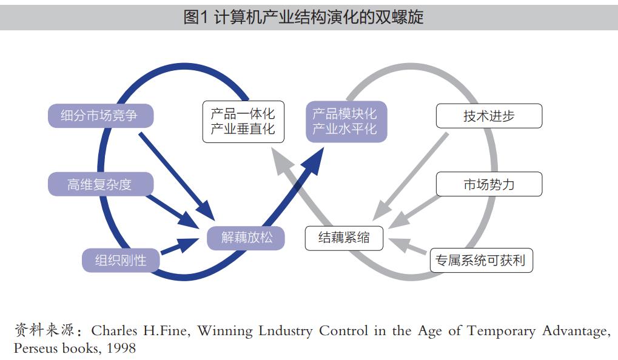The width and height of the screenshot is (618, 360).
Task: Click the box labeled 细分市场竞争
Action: pos(100,116)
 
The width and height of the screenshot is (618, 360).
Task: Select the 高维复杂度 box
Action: pos(100,184)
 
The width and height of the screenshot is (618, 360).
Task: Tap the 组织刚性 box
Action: pos(121,261)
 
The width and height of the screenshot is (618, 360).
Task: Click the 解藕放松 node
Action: pos(246,238)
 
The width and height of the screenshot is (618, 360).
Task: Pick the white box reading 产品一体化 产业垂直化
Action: pos(243,121)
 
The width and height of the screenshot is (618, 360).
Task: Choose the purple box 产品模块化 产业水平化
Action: pos(345,121)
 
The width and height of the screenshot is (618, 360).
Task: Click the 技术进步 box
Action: pos(488,116)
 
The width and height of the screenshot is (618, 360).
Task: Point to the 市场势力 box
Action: pos(488,184)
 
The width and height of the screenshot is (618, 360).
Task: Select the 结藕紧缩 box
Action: pos(344,238)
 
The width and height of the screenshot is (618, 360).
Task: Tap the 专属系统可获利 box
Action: pos(481,261)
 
